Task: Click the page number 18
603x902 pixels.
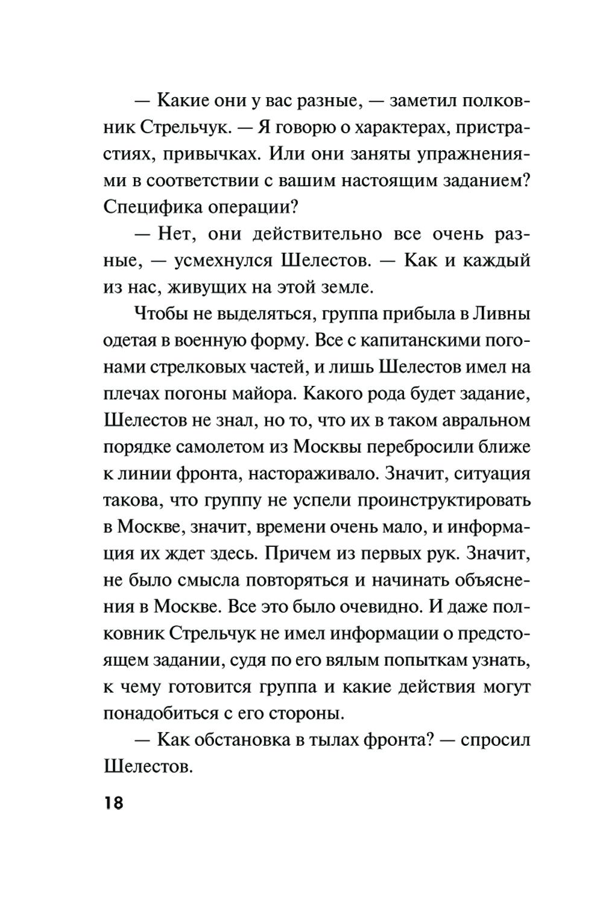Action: (x=113, y=803)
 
